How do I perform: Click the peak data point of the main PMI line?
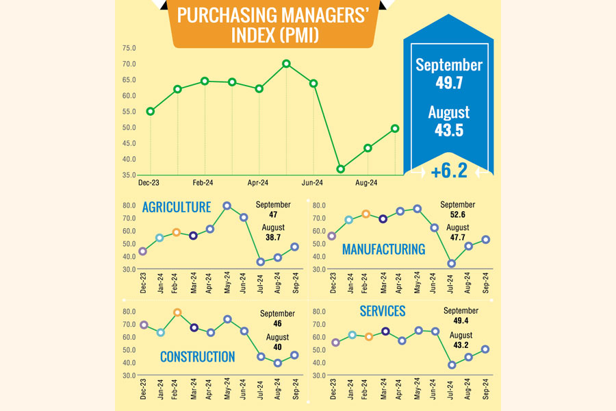click(x=286, y=64)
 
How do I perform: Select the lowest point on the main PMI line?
click(x=341, y=169)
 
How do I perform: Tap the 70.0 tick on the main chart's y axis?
click(x=129, y=64)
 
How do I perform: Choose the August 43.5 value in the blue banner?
click(x=449, y=129)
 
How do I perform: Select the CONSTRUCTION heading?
click(x=197, y=356)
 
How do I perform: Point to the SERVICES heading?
click(x=382, y=312)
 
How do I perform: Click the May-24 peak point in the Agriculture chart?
click(x=227, y=206)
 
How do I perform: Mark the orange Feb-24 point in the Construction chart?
click(x=177, y=312)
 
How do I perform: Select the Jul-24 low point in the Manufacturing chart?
click(x=452, y=263)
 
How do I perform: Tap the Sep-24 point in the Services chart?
click(x=486, y=349)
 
